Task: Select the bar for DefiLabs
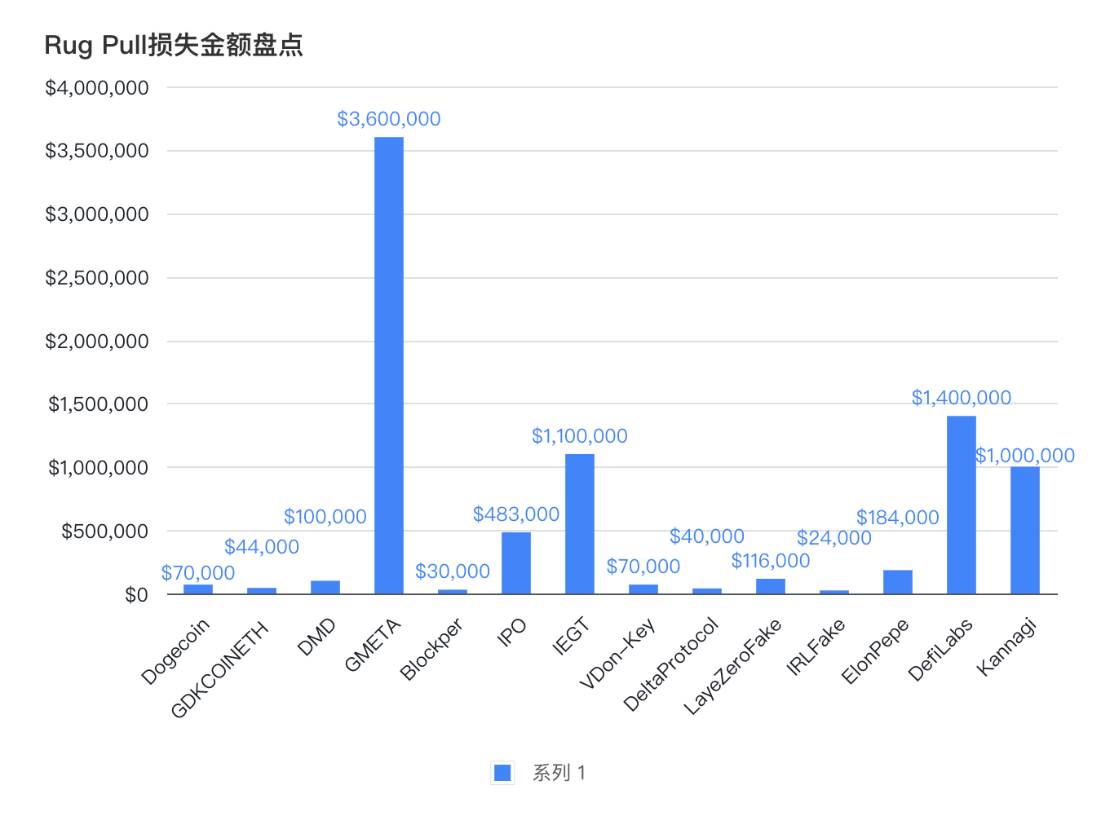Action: click(962, 505)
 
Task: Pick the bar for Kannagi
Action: click(1025, 530)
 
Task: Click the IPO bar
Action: click(516, 562)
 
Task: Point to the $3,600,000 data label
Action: click(389, 119)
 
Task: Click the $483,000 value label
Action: click(516, 514)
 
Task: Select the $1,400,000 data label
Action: click(962, 398)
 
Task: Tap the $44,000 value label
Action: click(262, 547)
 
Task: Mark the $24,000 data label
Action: click(834, 538)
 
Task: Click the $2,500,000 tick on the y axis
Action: click(97, 278)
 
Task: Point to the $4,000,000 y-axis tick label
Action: click(97, 88)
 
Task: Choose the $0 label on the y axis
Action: click(136, 595)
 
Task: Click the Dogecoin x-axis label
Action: click(176, 651)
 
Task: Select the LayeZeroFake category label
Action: click(732, 666)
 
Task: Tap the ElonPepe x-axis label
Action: click(875, 651)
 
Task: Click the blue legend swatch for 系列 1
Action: click(502, 773)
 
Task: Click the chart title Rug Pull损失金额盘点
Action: click(174, 45)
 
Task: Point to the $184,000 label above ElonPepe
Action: click(898, 518)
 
